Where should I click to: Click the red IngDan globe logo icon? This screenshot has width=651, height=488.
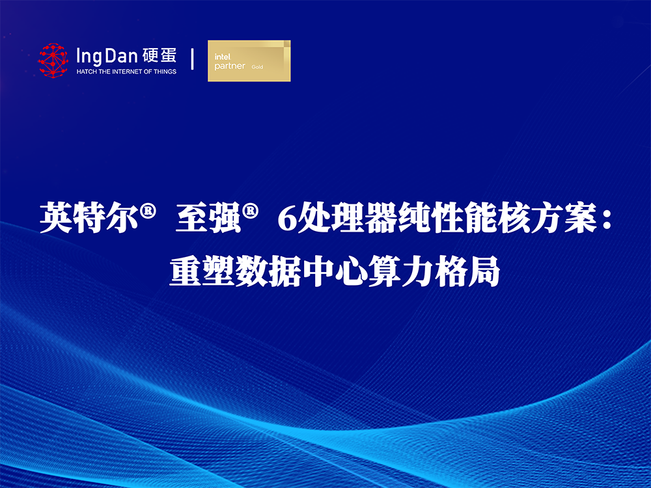pos(53,61)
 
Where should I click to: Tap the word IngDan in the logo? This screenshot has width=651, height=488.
pos(107,57)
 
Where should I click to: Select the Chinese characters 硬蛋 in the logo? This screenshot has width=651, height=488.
pos(159,55)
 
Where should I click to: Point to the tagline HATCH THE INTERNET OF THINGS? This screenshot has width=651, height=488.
pos(127,72)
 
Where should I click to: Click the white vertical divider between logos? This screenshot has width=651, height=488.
pos(192,59)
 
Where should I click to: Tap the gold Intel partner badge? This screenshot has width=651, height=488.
pos(249,61)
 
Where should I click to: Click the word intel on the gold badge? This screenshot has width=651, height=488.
pos(223,57)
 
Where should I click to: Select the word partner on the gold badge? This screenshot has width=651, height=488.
pos(230,66)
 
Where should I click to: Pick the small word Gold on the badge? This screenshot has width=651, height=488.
pos(257,67)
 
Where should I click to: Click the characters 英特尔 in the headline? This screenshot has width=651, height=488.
pos(89,217)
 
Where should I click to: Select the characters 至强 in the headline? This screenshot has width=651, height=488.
pos(209,217)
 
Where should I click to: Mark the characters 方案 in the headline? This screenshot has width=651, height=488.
pos(563,217)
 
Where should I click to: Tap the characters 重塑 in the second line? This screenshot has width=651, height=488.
pos(202,272)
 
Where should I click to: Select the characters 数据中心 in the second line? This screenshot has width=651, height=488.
pos(302,272)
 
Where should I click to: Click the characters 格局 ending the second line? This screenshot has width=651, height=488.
pos(467,272)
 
